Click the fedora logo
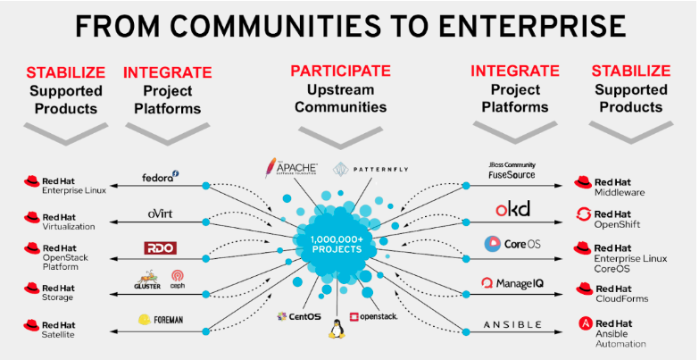161,177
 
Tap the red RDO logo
160,247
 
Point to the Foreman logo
161,319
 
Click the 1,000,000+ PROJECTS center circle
337,244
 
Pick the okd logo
512,209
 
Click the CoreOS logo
512,244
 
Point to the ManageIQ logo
512,283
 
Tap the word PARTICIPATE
340,71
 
